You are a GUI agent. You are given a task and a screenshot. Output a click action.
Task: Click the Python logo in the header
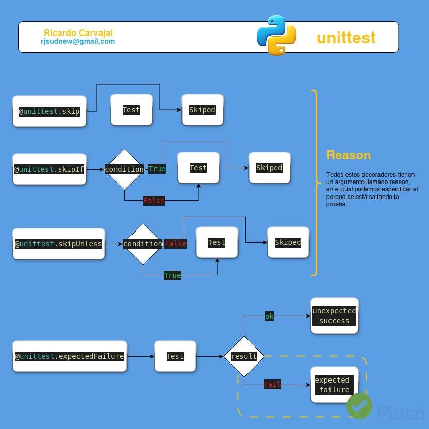pos(276,35)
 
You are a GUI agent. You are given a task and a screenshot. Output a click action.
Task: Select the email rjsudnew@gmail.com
pos(78,41)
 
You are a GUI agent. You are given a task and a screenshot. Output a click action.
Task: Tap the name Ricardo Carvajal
pos(78,33)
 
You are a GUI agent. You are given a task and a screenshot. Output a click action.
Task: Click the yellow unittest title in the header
pos(346,38)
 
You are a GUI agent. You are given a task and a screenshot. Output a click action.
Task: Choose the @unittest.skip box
pos(49,111)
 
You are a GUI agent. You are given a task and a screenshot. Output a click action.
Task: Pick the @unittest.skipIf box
pos(49,169)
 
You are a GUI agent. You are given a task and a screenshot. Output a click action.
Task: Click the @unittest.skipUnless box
pos(59,244)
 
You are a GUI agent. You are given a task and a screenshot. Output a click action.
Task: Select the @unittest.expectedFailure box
pos(70,356)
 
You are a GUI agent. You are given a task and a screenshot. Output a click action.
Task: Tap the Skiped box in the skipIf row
pos(269,168)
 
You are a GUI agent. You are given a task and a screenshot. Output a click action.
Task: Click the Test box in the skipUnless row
pos(217,242)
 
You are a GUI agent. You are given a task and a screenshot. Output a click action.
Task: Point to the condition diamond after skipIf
pos(124,169)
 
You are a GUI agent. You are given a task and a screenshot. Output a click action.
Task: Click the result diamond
pos(244,356)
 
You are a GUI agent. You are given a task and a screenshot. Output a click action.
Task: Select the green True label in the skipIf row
pos(157,169)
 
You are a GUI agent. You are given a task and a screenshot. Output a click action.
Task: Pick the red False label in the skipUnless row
pos(175,243)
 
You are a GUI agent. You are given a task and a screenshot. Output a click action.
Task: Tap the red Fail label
pos(272,384)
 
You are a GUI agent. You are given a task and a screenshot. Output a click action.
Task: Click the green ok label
pos(269,316)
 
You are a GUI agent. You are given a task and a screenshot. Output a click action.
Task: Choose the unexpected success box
pos(334,316)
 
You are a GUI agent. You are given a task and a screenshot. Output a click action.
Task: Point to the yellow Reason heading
pos(349,155)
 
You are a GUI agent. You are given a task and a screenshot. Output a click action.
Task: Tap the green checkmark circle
pos(359,405)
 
